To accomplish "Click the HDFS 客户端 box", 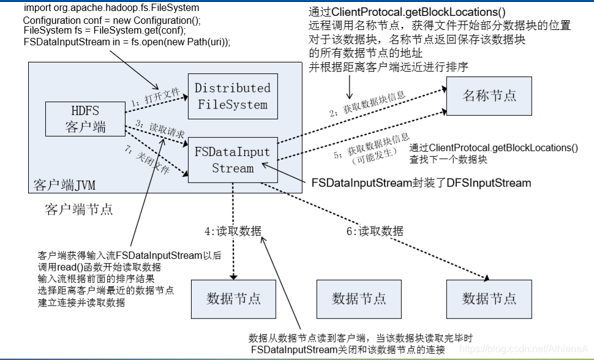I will tap(85, 119).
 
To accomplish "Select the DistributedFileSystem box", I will tap(232, 96).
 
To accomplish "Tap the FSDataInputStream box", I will tap(232, 160).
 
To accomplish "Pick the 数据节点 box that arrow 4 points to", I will tap(233, 299).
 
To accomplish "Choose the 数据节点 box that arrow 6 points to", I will tap(489, 299).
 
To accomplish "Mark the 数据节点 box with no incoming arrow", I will tap(359, 299).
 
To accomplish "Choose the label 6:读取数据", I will tap(375, 231).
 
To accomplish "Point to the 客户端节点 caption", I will tap(79, 209).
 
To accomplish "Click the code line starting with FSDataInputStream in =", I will tap(126, 42).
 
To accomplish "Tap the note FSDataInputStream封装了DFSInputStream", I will tap(421, 182).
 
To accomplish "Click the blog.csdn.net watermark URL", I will tap(524, 348).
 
